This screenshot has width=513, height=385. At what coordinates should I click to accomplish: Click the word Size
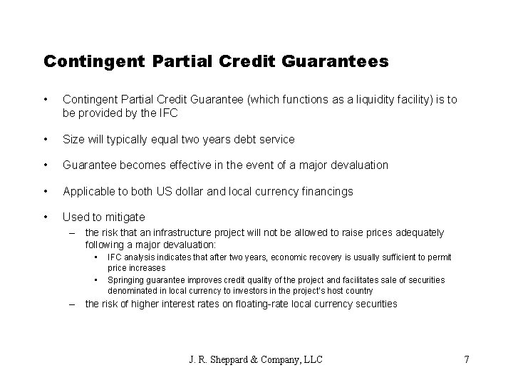point(74,140)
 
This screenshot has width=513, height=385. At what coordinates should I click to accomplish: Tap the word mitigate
point(124,217)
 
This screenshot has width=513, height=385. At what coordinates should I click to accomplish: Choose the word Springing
point(126,280)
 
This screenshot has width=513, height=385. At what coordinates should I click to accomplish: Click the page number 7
point(466,359)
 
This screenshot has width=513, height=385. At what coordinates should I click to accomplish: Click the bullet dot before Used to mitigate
point(46,217)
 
